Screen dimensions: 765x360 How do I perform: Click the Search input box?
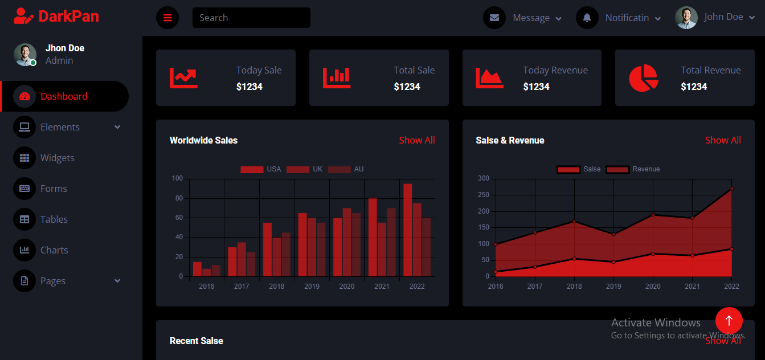pyautogui.click(x=251, y=18)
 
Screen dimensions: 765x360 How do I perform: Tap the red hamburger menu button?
pyautogui.click(x=167, y=18)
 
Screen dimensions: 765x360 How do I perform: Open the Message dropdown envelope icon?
pyautogui.click(x=494, y=18)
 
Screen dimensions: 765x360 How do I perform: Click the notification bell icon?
pyautogui.click(x=587, y=18)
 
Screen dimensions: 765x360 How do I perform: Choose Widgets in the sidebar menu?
pyautogui.click(x=57, y=158)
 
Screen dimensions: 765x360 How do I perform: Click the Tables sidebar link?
pyautogui.click(x=54, y=219)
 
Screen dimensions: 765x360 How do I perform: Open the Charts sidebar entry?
pyautogui.click(x=54, y=250)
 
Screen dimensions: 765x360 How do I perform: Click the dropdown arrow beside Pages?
pyautogui.click(x=117, y=281)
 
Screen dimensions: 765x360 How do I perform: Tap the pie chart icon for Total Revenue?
pyautogui.click(x=644, y=78)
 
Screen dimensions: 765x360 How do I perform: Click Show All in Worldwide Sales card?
pyautogui.click(x=416, y=140)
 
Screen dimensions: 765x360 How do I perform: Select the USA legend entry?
pyautogui.click(x=260, y=169)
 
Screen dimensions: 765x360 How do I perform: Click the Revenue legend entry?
pyautogui.click(x=632, y=169)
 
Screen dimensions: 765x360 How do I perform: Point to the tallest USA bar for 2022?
pyautogui.click(x=407, y=230)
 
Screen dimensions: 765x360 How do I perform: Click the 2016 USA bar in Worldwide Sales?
pyautogui.click(x=197, y=269)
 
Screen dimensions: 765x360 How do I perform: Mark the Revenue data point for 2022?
pyautogui.click(x=731, y=189)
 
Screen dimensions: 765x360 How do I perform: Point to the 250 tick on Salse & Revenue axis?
pyautogui.click(x=483, y=195)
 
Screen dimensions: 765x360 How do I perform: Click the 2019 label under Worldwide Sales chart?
pyautogui.click(x=312, y=287)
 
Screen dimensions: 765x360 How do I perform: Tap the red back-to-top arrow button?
pyautogui.click(x=729, y=321)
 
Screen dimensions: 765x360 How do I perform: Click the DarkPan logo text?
pyautogui.click(x=69, y=17)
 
